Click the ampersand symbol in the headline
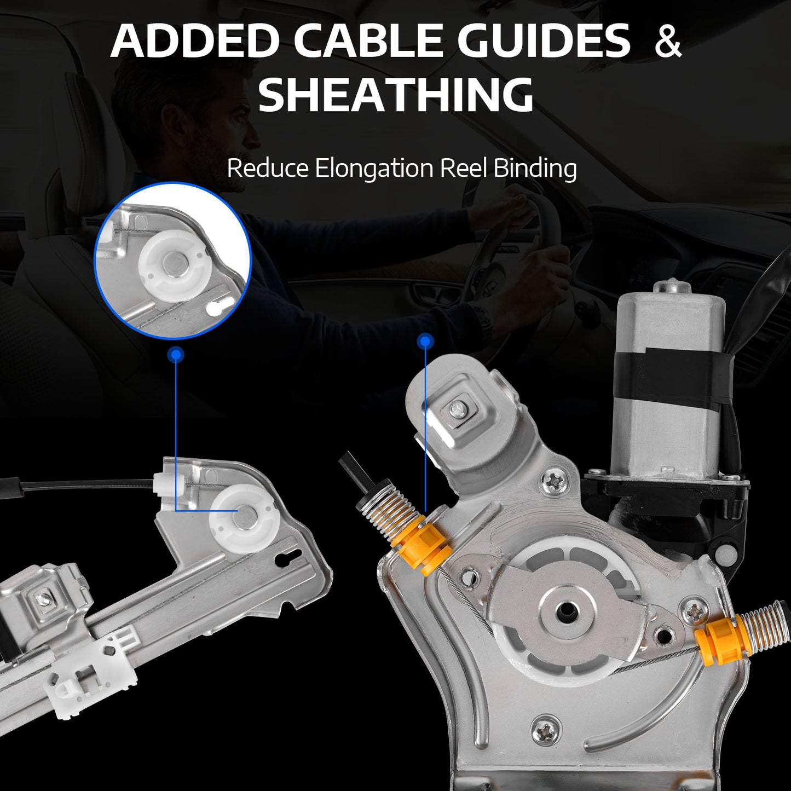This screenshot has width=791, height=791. pyautogui.click(x=668, y=41)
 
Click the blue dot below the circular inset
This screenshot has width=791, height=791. pyautogui.click(x=176, y=354)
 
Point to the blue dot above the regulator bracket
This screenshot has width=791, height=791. pyautogui.click(x=425, y=341)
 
